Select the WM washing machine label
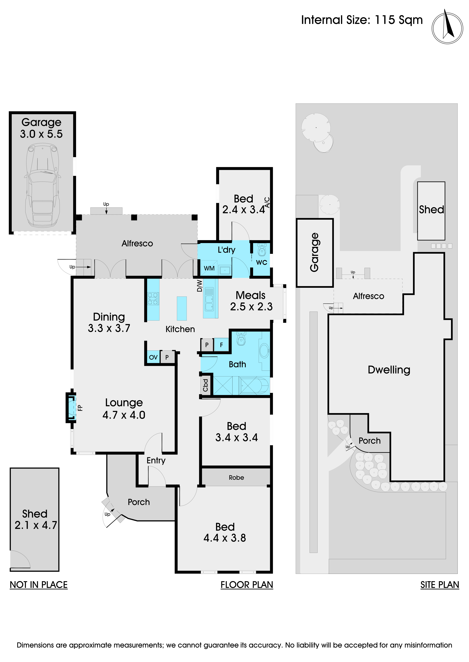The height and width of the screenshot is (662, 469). tap(209, 268)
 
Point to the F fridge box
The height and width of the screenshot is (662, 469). tap(222, 345)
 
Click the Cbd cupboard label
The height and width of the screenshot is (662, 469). tap(205, 385)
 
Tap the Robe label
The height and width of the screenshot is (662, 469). tap(236, 477)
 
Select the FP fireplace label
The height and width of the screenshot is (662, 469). tap(80, 408)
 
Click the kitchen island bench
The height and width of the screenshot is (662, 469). tap(182, 308)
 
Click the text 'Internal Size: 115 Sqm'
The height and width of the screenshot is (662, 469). tap(362, 20)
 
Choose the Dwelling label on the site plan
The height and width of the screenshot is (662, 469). tap(389, 370)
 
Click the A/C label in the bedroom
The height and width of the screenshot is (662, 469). tap(267, 202)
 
